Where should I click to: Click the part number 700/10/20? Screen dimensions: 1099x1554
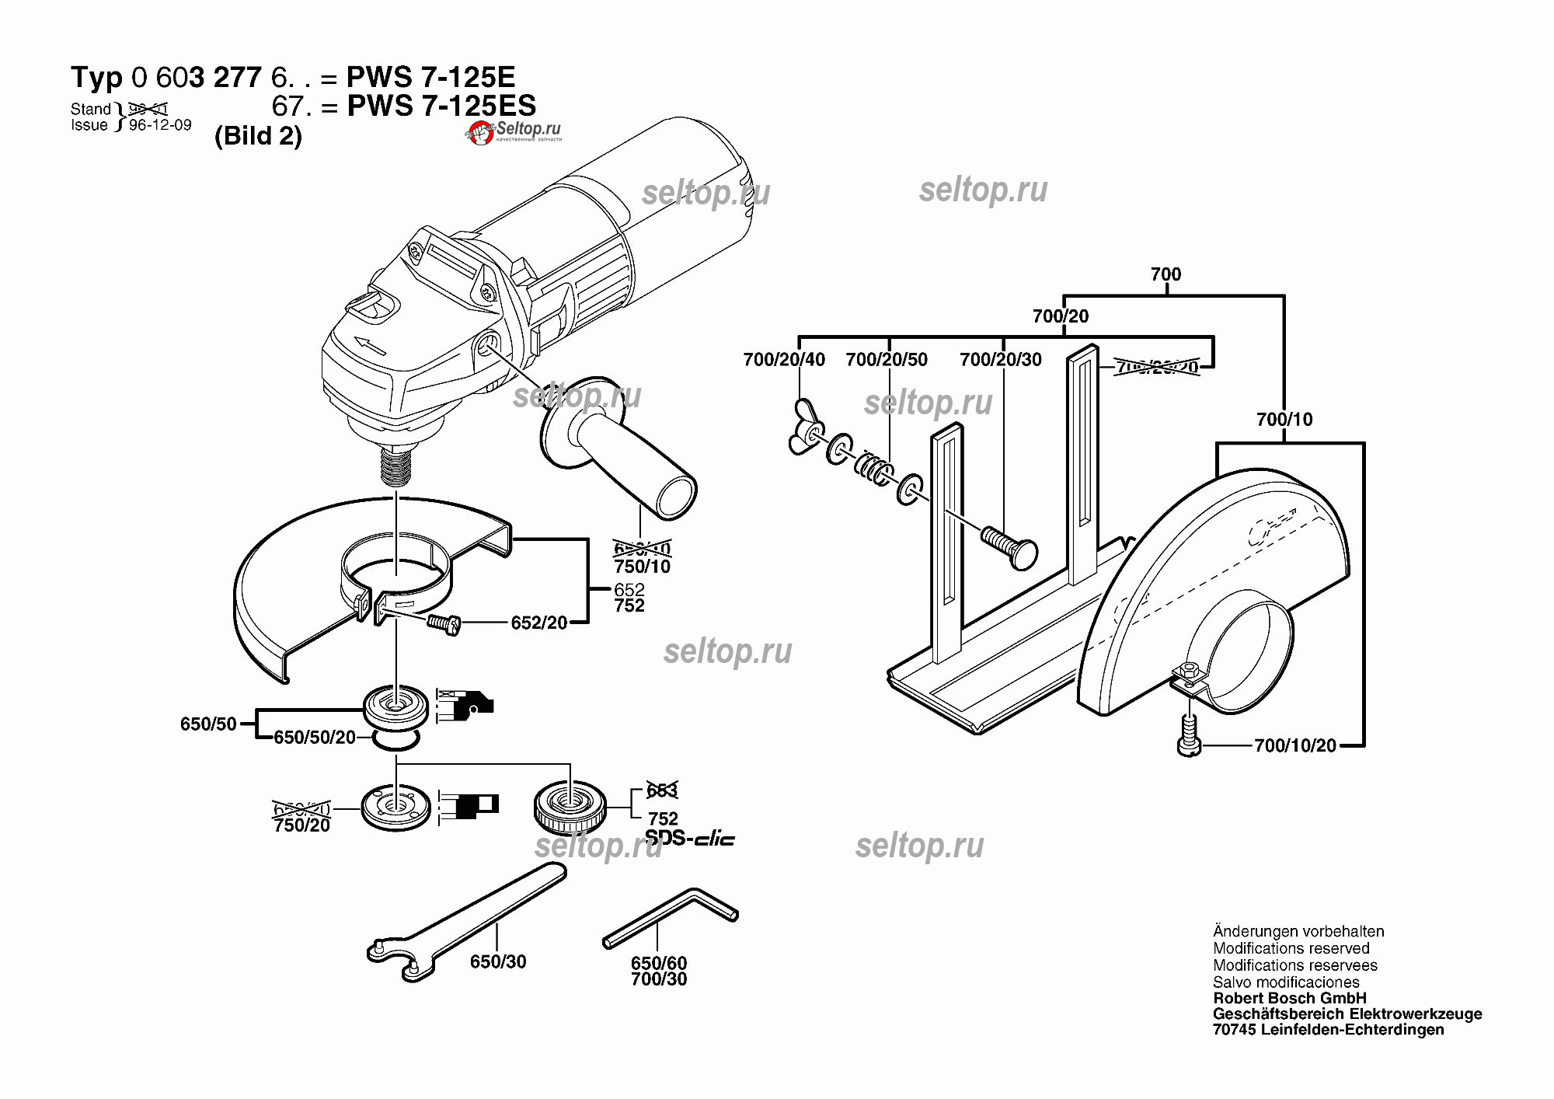pos(1294,746)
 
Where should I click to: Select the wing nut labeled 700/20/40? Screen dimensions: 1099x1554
pos(805,427)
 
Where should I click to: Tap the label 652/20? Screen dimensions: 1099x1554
pos(538,623)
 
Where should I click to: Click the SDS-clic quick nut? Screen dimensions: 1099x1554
pos(570,809)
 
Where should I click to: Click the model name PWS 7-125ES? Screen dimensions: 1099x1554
pos(441,106)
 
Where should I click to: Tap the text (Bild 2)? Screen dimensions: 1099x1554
pos(258,136)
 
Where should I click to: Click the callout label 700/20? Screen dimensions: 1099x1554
pos(1060,316)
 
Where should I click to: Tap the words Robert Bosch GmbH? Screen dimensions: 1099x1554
pos(1289,998)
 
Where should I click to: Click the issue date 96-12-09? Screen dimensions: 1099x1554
pos(160,125)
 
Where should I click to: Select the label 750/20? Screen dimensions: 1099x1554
pos(301,825)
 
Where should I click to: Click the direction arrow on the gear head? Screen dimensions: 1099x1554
pos(369,345)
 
